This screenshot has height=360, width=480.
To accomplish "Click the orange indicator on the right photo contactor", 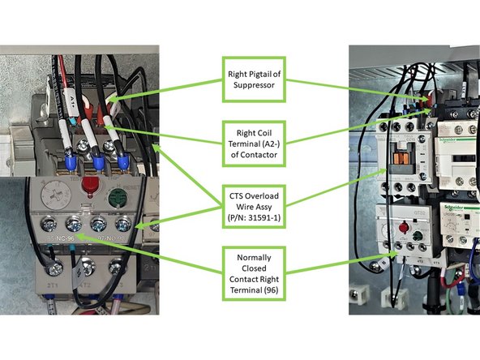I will pos(398,159).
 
